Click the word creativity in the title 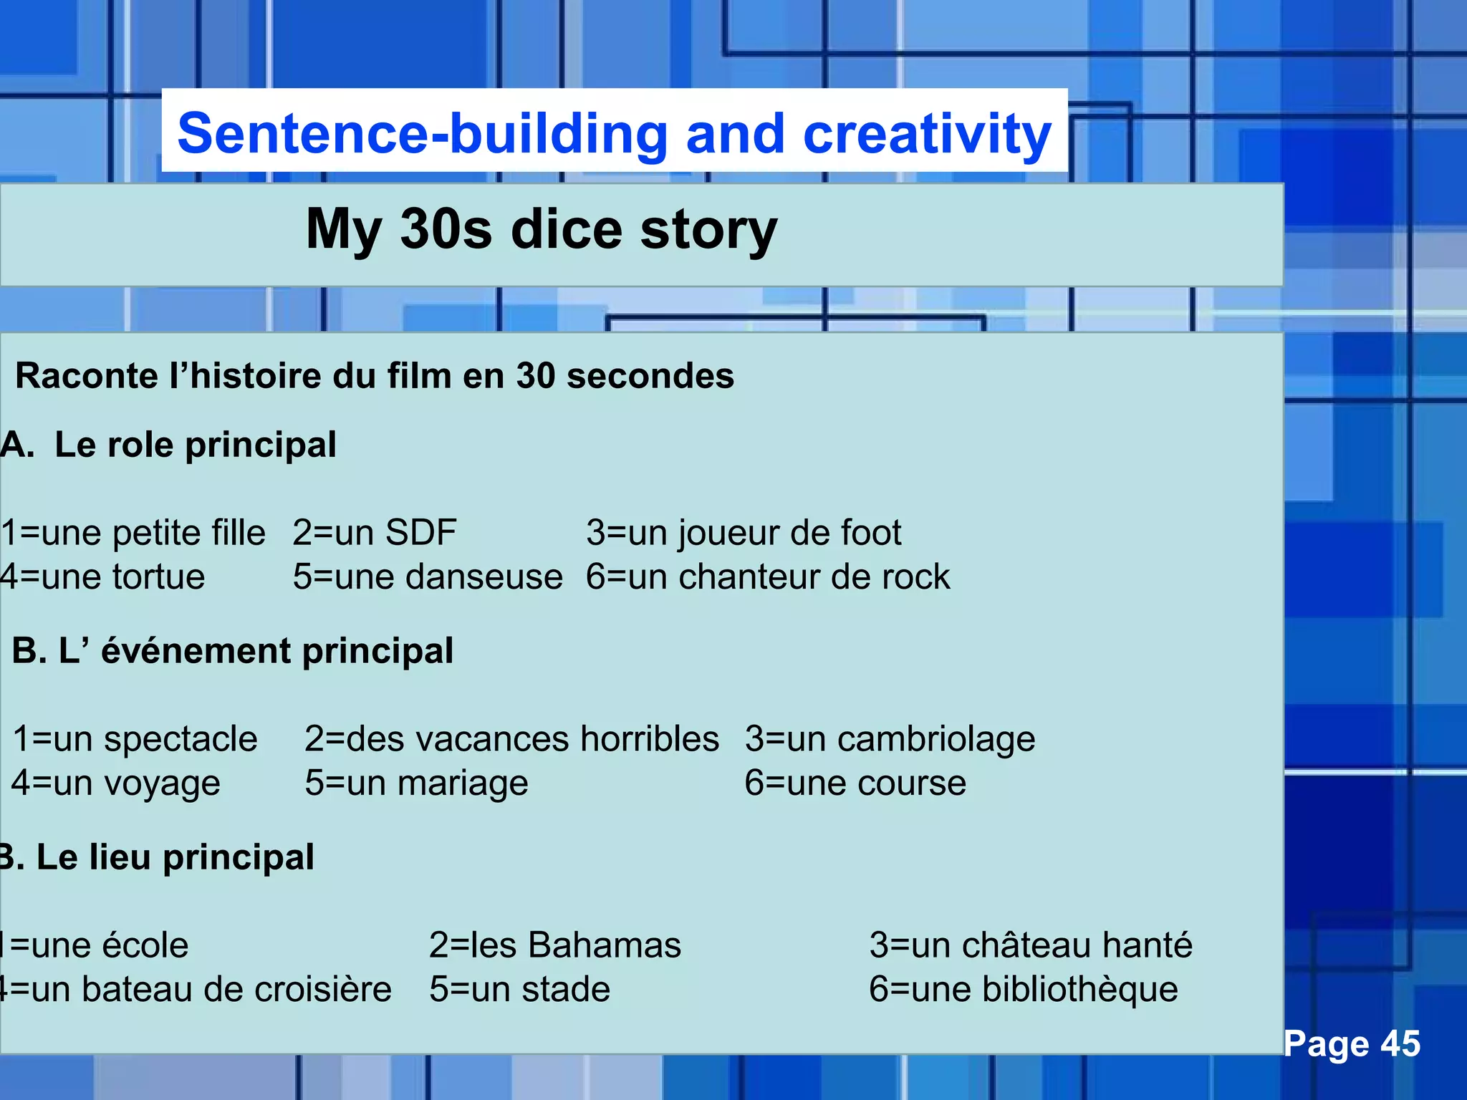click(927, 135)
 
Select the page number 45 click(1400, 1043)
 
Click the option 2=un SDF click(374, 533)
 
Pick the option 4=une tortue click(102, 577)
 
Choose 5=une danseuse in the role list click(428, 577)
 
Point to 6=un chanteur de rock click(768, 577)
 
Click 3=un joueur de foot click(744, 533)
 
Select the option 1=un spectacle click(135, 739)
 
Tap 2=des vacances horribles click(511, 739)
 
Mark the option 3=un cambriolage click(890, 739)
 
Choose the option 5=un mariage click(416, 783)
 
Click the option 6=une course click(855, 783)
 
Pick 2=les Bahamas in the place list click(555, 945)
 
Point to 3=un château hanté click(1031, 945)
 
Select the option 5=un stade click(519, 990)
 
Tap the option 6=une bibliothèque click(1024, 990)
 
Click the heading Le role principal click(195, 445)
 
